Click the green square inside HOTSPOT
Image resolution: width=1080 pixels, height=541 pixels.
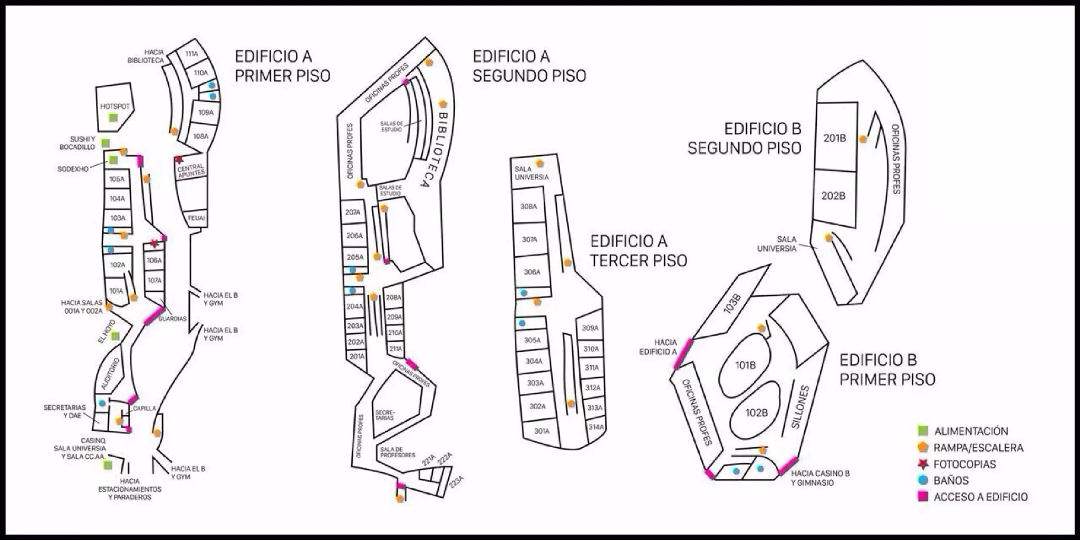tap(113, 118)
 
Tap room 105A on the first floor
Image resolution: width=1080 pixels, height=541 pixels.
tap(117, 179)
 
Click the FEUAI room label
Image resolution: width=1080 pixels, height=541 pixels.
tap(196, 218)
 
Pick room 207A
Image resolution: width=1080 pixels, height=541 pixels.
tap(353, 212)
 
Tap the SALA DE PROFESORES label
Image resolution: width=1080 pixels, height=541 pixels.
tap(398, 452)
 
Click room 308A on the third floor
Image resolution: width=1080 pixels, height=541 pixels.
tap(528, 207)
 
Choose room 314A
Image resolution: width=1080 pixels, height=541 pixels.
tap(596, 427)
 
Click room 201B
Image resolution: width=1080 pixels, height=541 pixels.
tap(834, 138)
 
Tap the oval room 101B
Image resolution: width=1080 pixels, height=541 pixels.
tap(745, 365)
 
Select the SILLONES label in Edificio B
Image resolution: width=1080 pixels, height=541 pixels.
tap(801, 407)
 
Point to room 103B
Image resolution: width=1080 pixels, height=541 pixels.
tap(732, 304)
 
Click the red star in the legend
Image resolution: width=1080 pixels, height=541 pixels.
tap(923, 464)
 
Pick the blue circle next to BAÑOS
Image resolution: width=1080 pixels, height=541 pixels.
tap(923, 480)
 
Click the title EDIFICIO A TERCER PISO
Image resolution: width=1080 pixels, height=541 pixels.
tap(639, 251)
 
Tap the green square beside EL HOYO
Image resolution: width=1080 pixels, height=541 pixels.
tap(115, 336)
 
